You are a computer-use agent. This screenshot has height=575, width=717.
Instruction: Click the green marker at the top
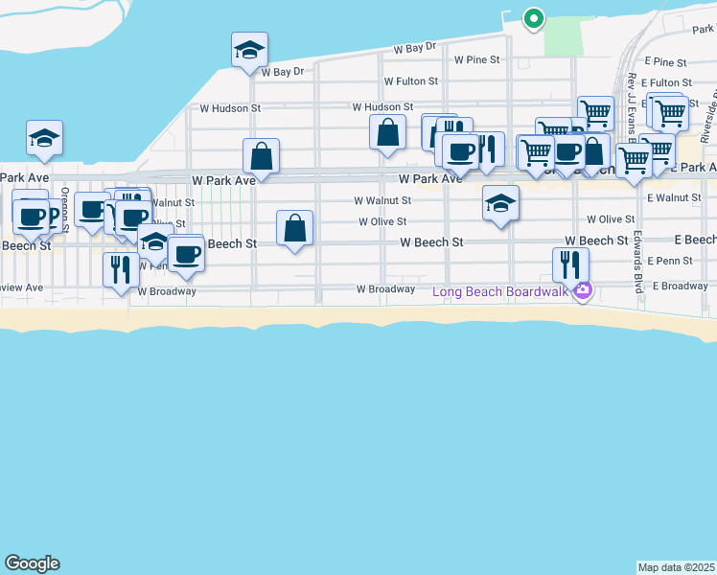click(533, 18)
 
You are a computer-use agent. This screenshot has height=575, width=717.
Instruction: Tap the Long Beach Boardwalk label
click(501, 291)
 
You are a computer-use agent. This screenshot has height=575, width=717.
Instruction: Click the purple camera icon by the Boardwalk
click(582, 291)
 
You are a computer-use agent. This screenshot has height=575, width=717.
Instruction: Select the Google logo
click(32, 563)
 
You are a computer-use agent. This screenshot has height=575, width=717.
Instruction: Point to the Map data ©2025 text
click(676, 567)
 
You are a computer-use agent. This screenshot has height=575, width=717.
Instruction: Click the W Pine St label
click(477, 59)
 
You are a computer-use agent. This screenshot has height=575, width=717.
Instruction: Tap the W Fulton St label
click(410, 82)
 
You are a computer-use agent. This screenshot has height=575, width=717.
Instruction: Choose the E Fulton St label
click(668, 83)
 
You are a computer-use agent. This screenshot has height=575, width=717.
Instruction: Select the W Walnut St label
click(382, 201)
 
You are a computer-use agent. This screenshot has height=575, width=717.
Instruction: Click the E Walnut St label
click(674, 197)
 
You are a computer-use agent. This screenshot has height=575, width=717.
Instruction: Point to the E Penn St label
click(669, 261)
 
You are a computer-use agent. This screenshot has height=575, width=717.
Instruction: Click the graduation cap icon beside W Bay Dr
click(249, 50)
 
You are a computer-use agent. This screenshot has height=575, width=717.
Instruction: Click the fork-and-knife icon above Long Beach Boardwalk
click(570, 264)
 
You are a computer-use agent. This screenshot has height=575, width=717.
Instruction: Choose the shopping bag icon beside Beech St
click(295, 229)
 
